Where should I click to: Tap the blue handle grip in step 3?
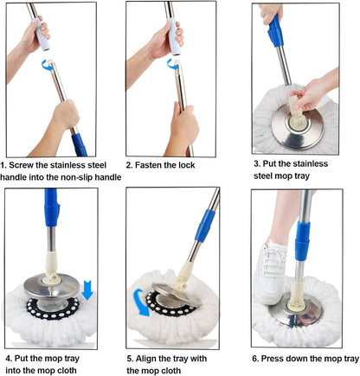pyautogui.click(x=275, y=32)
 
